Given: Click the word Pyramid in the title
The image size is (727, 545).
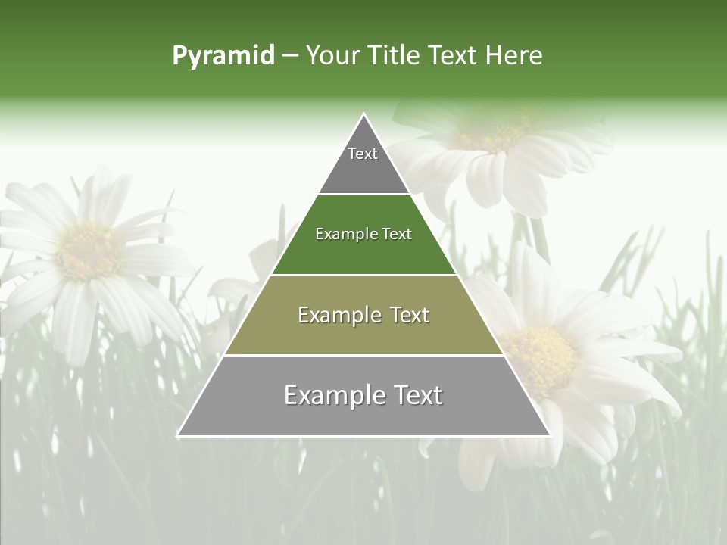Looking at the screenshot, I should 223,56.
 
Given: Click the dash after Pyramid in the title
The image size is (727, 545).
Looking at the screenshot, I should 290,56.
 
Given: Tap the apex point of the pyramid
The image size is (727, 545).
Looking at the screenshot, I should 364,114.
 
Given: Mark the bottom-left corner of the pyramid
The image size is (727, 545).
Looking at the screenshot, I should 178,435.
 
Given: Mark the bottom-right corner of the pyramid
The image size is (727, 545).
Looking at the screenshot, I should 551,435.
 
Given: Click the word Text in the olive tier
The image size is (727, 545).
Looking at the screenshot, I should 406,315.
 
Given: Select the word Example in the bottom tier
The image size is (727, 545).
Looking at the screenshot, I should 333,395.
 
